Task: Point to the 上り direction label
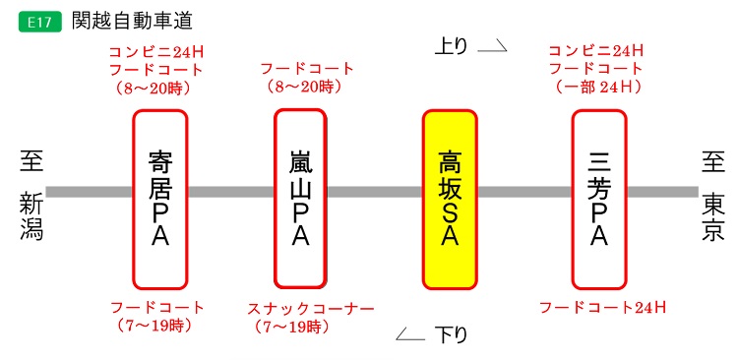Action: (x=454, y=44)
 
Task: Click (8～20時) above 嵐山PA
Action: (x=304, y=87)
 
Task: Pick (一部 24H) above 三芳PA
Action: (x=598, y=87)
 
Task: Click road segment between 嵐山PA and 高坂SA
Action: (x=375, y=192)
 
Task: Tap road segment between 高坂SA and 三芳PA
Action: (x=524, y=192)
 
